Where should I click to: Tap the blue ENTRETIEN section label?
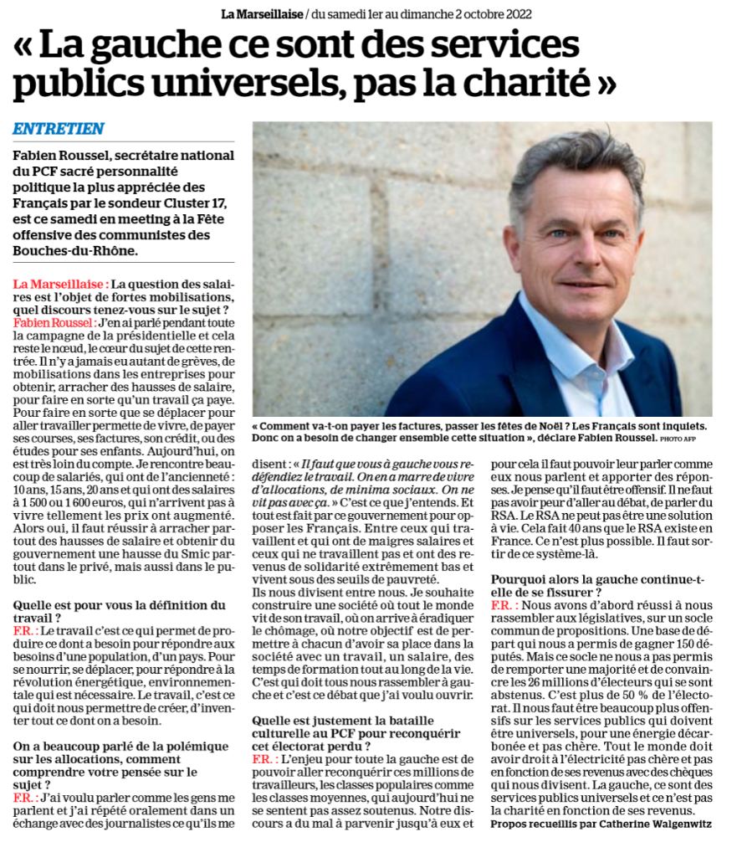pyautogui.click(x=59, y=129)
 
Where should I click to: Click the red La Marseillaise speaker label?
pyautogui.click(x=60, y=285)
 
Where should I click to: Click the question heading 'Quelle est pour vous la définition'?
pyautogui.click(x=119, y=605)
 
